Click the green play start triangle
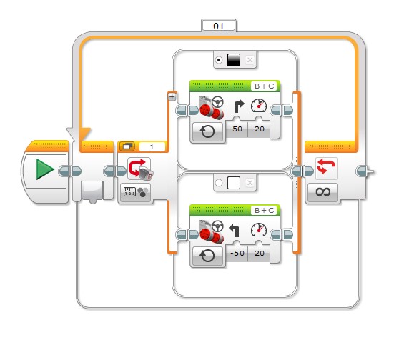tap(45, 169)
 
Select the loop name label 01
tap(219, 26)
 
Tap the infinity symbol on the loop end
tap(322, 192)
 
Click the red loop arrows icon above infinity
tap(326, 166)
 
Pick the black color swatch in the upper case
tap(234, 60)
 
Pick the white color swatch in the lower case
tap(234, 183)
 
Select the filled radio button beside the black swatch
tap(219, 60)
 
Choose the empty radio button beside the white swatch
tap(219, 183)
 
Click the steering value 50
tap(237, 129)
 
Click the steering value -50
tap(237, 253)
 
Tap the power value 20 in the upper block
tap(260, 129)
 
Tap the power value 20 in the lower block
tap(260, 253)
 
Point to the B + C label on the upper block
tap(265, 86)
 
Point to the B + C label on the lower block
tap(265, 210)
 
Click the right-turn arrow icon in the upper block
tap(239, 106)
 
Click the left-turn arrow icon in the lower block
tap(235, 230)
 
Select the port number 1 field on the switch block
tap(152, 146)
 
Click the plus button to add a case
tap(172, 96)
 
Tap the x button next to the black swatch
tap(250, 60)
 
